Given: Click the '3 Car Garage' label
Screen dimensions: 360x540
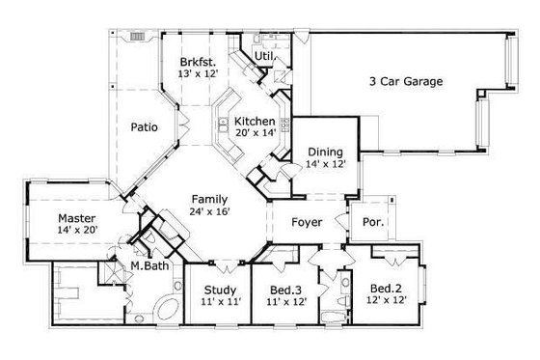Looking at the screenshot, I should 406,82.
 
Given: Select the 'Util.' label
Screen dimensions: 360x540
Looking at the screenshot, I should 262,57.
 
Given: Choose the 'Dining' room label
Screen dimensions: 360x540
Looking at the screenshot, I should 324,152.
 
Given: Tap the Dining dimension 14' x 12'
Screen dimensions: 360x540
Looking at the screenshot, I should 325,165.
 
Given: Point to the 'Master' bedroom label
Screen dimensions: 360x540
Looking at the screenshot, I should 75,217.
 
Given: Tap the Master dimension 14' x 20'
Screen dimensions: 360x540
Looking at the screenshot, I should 77,232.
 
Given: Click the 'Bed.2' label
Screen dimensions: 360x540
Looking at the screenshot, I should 388,287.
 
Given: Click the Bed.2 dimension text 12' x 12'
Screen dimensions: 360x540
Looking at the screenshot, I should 388,301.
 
